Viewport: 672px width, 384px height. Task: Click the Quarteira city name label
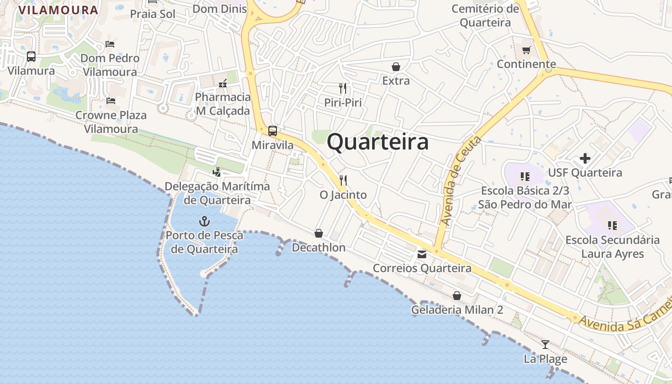378,143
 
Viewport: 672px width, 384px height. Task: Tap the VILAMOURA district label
58,10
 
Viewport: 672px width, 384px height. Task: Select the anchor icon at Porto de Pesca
205,221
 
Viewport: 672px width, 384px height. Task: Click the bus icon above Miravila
273,131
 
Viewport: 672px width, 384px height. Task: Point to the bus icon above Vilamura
31,57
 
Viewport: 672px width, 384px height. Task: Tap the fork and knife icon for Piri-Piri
343,88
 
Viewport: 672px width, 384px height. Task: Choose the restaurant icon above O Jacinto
343,180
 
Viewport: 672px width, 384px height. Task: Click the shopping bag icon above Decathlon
318,233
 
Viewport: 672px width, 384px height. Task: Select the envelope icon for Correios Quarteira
422,254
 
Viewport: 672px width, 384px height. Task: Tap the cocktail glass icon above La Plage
545,344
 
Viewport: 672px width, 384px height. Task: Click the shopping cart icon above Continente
527,50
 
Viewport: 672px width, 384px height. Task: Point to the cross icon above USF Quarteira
585,158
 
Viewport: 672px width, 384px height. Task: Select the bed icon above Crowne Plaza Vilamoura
111,101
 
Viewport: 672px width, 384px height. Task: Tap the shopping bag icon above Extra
396,67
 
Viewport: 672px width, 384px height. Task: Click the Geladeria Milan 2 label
457,310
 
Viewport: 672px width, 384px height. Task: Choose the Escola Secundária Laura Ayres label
612,247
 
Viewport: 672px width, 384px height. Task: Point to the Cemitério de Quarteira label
485,15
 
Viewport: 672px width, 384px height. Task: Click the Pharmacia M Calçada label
223,104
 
